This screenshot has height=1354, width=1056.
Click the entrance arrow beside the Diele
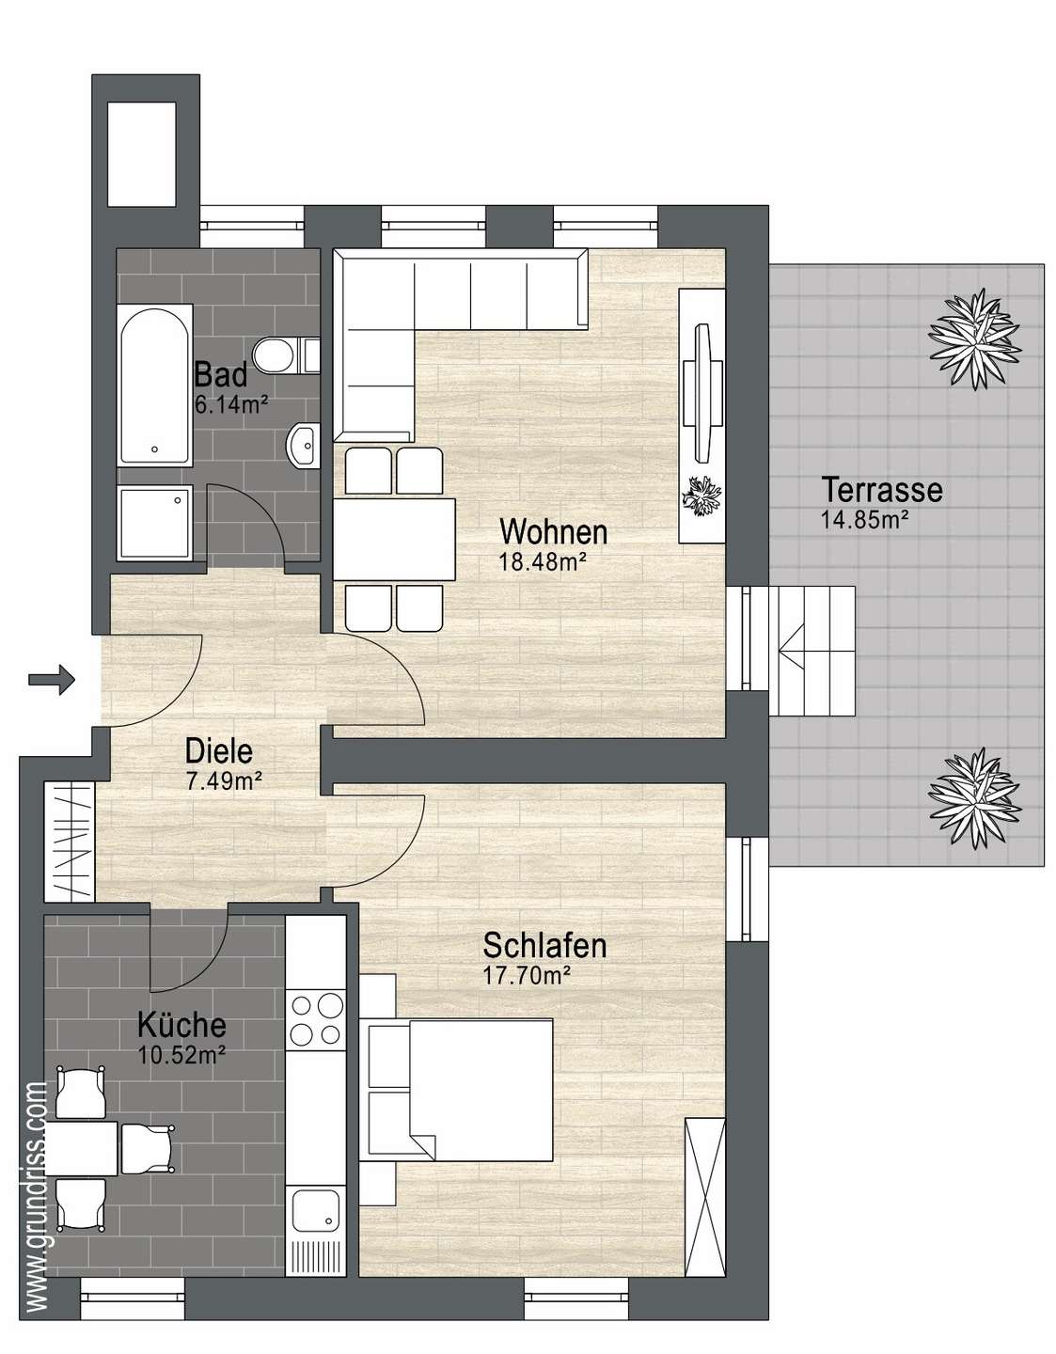click(52, 679)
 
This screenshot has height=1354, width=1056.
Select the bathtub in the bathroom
click(154, 386)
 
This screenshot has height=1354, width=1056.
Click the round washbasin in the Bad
click(304, 444)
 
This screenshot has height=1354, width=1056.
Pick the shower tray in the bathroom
click(155, 523)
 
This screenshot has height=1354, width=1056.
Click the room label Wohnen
click(554, 532)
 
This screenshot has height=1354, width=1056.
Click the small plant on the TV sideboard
click(701, 496)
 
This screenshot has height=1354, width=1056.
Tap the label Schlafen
click(544, 945)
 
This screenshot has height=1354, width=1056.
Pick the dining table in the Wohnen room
click(394, 540)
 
